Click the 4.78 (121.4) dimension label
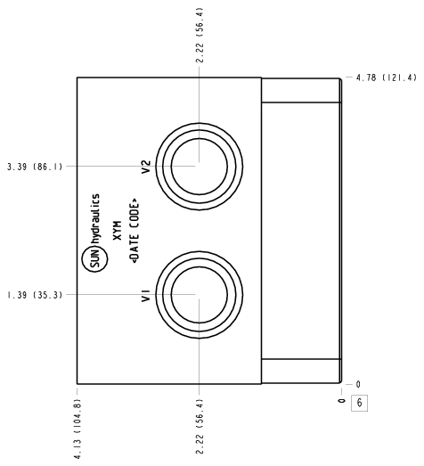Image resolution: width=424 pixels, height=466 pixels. click(x=387, y=78)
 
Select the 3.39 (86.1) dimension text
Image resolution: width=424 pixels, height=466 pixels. click(x=35, y=167)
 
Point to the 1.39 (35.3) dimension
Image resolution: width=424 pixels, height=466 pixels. click(x=35, y=295)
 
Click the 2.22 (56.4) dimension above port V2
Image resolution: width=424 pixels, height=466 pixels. click(x=200, y=35)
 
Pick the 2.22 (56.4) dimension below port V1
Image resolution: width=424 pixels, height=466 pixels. click(x=200, y=427)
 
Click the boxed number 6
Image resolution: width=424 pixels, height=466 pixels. click(x=360, y=403)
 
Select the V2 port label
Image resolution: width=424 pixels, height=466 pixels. click(x=146, y=167)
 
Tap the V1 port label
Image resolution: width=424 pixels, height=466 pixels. click(x=146, y=296)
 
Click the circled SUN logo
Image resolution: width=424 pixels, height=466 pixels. click(x=94, y=259)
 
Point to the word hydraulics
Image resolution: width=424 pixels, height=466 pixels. click(x=96, y=219)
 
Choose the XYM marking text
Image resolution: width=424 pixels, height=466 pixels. click(x=118, y=230)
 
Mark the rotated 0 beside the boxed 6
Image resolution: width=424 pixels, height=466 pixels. click(x=342, y=401)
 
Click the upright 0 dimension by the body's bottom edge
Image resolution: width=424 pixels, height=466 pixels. click(x=358, y=385)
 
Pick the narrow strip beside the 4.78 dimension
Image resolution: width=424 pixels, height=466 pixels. click(x=301, y=90)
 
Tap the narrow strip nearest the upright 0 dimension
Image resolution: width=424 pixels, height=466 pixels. click(x=301, y=372)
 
